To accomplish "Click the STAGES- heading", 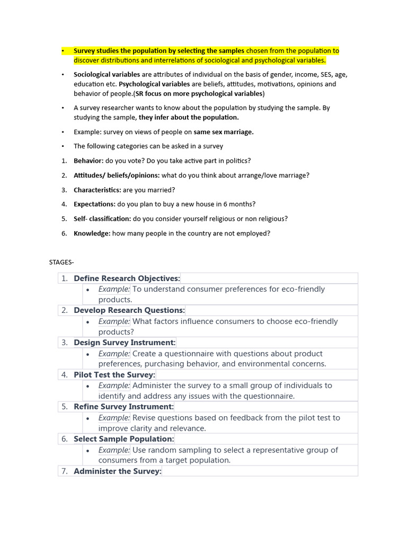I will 61,261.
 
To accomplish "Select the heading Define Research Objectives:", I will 127,278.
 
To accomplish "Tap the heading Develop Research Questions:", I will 129,310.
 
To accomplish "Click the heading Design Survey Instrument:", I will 125,343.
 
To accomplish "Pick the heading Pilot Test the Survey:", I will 114,375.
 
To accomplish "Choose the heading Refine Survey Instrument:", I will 123,407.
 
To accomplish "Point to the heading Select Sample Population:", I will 123,439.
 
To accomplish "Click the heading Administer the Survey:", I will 117,471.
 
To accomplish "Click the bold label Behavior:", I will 89,161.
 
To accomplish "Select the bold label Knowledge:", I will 92,233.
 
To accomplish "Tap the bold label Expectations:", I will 94,204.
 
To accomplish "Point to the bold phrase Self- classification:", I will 102,218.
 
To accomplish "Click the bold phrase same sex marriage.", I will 223,132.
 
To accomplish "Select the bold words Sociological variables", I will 107,75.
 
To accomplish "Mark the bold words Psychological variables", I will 154,84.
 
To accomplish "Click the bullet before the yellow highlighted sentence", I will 62,51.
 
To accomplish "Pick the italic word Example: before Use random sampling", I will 114,450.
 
